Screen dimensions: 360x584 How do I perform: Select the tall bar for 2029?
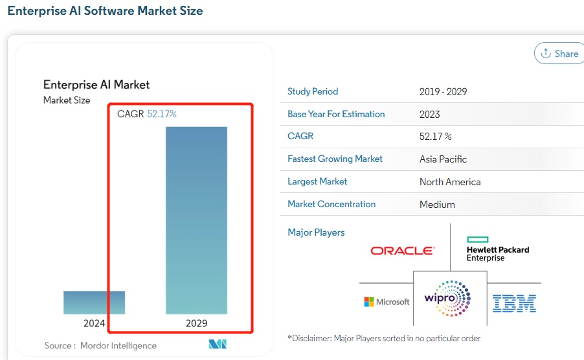point(196,220)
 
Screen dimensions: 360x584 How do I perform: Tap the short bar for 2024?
point(94,302)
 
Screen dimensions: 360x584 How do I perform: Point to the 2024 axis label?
point(94,323)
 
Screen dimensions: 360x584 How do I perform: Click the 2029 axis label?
point(196,323)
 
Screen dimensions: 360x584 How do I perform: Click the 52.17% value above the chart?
point(162,114)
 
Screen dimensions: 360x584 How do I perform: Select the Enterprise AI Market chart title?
point(96,85)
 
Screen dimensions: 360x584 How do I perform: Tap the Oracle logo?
point(402,251)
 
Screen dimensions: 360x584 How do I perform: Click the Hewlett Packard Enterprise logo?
point(497,249)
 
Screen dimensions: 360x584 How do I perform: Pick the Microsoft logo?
point(387,302)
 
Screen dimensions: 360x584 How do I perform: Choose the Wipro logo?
point(447,298)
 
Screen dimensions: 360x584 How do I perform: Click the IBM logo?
point(514,303)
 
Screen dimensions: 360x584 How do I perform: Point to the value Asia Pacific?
point(443,159)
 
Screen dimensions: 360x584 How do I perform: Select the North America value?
point(450,182)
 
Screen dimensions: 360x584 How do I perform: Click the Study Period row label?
point(313,91)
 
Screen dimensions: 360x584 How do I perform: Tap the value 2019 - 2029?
point(443,92)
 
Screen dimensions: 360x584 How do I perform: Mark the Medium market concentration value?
point(437,205)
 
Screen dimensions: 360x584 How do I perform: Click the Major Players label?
point(316,232)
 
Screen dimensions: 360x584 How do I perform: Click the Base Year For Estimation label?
point(336,114)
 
